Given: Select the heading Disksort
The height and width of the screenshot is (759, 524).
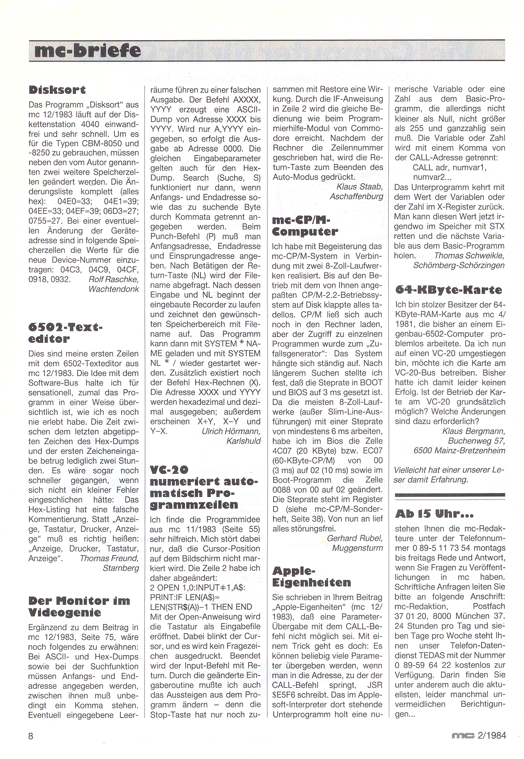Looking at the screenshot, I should pos(57,90).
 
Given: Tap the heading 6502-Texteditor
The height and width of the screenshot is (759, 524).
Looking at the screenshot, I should pos(65,333).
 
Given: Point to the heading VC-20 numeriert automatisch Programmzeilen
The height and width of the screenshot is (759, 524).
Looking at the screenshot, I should pos(201,487).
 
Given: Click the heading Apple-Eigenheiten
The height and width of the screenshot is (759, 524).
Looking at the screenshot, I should pos(312,576).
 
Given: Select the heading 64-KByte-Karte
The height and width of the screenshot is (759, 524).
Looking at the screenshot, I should pos(449,290).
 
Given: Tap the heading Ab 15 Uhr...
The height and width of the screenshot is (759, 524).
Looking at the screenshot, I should pos(434,514).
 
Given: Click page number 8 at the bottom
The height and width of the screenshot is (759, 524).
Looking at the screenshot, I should pos(31,736).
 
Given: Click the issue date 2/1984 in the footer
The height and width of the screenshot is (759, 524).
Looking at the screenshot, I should pos(492,735).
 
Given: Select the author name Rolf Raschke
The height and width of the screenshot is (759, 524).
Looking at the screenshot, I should pos(113,279).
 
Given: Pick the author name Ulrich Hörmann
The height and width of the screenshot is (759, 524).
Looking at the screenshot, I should pos(231,431).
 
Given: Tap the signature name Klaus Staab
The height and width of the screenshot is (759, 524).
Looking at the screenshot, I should pos(360,186).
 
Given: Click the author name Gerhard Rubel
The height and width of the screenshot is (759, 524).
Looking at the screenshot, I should pos(355,538).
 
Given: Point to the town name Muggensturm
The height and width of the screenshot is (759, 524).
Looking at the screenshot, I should pos(357,548).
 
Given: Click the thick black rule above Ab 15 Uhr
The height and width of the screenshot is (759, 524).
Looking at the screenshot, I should pos(449,495).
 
